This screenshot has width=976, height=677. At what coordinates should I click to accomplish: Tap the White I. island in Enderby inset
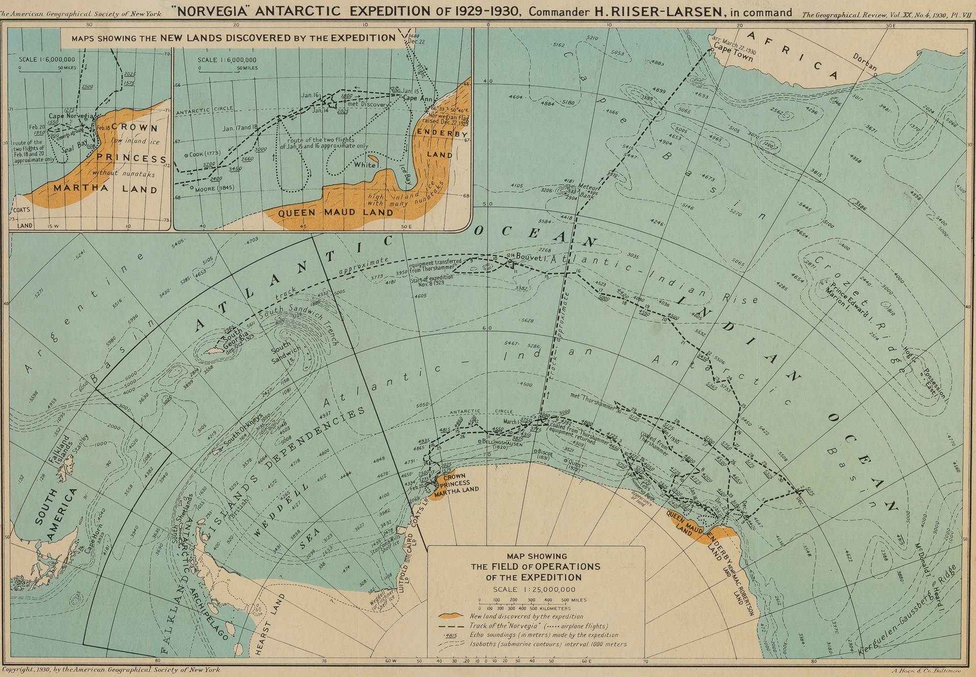click(373, 159)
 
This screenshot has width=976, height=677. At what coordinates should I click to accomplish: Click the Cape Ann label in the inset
click(415, 98)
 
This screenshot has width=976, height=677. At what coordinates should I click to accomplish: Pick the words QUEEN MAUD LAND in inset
click(335, 213)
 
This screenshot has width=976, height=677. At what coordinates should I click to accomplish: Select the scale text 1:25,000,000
click(534, 590)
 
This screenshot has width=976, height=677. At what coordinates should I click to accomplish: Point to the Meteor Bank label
click(588, 189)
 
